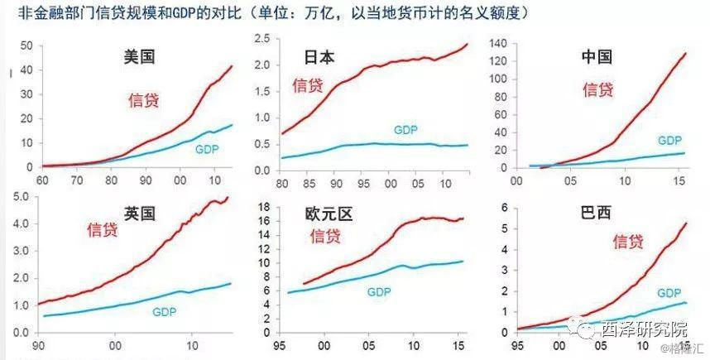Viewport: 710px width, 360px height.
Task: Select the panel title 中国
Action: point(596,58)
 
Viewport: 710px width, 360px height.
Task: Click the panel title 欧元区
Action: point(328,215)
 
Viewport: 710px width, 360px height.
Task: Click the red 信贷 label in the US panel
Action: point(143,100)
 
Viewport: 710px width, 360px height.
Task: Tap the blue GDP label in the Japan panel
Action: point(405,130)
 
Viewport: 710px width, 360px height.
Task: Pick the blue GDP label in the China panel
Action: point(669,141)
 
